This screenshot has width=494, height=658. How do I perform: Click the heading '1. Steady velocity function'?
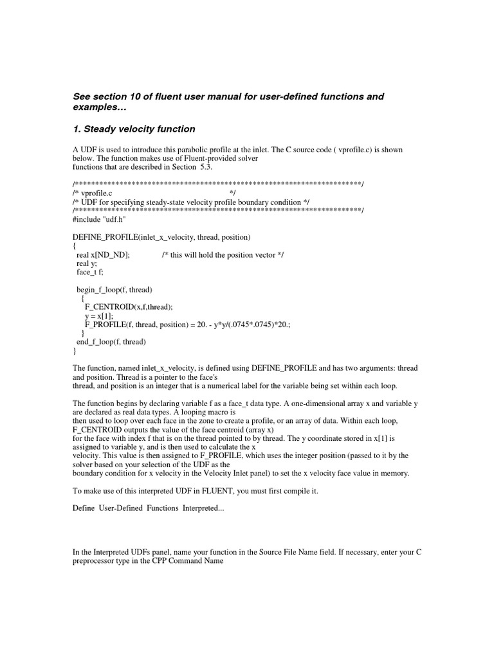coord(134,129)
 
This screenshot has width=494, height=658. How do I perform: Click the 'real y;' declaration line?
coord(87,263)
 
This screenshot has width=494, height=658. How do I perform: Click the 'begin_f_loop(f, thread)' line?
coord(114,290)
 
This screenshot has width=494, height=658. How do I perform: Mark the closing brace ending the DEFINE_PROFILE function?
coord(75,351)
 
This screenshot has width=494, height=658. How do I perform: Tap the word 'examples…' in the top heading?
coord(96,108)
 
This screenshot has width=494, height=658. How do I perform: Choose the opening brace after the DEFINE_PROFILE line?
coord(75,245)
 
